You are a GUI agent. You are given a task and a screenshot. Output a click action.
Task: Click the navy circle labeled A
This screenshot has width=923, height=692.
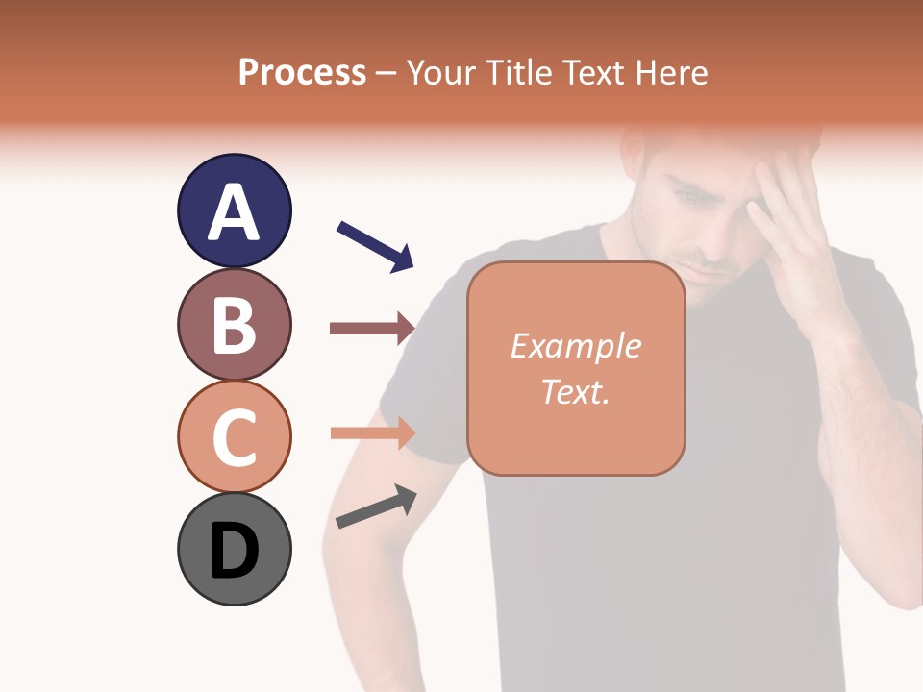(x=234, y=210)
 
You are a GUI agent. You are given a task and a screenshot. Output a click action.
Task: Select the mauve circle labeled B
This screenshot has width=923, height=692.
(x=234, y=324)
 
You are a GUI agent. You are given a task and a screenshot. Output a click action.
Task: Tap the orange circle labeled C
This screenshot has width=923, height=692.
(x=234, y=436)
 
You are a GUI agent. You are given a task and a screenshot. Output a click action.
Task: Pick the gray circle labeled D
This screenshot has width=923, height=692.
(x=234, y=549)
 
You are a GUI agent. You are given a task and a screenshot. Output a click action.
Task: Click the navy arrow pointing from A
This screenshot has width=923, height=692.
(x=375, y=246)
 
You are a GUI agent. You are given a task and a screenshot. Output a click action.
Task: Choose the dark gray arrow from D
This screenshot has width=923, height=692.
(x=376, y=507)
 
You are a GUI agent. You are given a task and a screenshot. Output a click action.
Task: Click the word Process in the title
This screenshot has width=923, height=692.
(x=302, y=72)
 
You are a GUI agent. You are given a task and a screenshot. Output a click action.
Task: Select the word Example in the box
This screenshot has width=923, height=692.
(x=575, y=346)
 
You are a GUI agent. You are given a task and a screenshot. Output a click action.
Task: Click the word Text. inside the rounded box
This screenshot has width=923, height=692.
(x=575, y=391)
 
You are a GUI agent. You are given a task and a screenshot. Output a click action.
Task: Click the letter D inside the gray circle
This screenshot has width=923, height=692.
(x=234, y=551)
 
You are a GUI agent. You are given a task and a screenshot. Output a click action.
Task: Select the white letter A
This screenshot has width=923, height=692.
(x=234, y=212)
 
